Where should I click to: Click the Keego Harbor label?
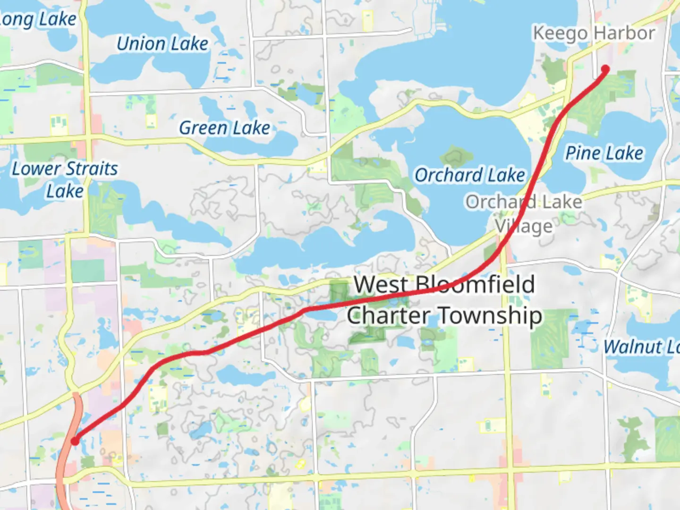[x=594, y=34]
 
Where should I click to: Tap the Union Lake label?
[x=162, y=44]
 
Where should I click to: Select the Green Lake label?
[x=224, y=128]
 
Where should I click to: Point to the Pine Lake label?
[x=604, y=153]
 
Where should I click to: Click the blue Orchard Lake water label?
[x=469, y=175]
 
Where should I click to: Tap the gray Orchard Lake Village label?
[x=523, y=213]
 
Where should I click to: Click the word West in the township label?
[x=381, y=285]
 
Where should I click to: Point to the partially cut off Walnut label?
[x=641, y=347]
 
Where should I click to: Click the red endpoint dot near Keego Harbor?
[x=605, y=69]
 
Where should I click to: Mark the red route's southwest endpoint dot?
[x=75, y=441]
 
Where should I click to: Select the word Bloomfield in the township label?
[x=475, y=285]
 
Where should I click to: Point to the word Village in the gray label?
[x=523, y=227]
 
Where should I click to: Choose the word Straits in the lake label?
[x=91, y=169]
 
